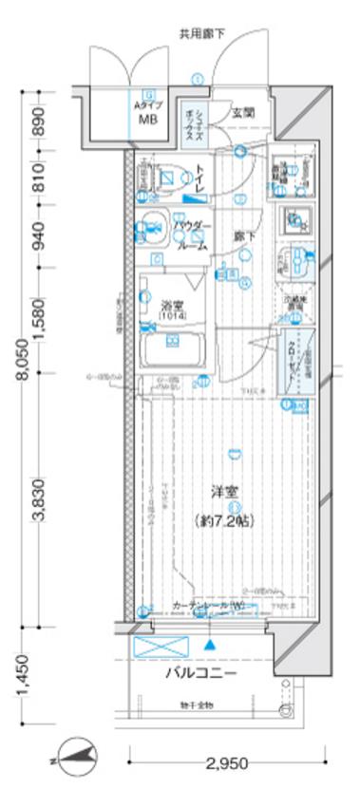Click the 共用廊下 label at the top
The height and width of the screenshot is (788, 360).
(202, 34)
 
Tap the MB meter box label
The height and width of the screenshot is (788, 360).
(148, 121)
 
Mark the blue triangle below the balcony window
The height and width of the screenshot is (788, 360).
(210, 645)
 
